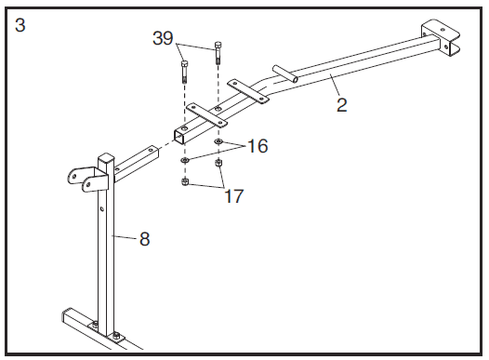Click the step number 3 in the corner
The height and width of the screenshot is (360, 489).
(x=20, y=25)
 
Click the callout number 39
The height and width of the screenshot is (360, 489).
(x=163, y=39)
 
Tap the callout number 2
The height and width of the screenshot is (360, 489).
(x=342, y=105)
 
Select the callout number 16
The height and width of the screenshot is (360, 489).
(x=258, y=146)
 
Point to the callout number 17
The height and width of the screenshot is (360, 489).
(x=234, y=196)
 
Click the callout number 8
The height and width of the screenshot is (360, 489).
(x=144, y=239)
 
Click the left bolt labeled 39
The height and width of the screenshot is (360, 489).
(x=184, y=72)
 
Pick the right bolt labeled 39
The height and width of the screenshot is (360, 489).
(x=218, y=53)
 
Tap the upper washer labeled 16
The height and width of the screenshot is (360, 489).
(x=218, y=142)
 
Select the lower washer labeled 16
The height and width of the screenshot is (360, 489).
(x=185, y=160)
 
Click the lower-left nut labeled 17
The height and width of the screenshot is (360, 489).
(x=185, y=182)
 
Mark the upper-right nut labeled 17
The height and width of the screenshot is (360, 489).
(x=218, y=163)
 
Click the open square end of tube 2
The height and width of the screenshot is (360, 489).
(x=179, y=138)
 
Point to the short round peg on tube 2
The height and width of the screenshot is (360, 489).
(x=284, y=73)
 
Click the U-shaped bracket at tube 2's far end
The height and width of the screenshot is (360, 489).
(x=441, y=38)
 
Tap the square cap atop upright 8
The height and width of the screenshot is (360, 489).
(x=106, y=157)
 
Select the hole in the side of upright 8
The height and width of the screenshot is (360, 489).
(x=102, y=208)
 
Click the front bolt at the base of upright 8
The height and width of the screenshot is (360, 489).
(x=116, y=336)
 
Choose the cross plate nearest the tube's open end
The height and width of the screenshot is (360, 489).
(x=206, y=115)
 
